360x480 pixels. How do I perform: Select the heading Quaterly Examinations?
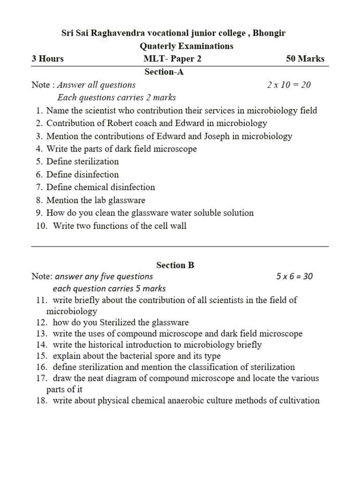(187, 46)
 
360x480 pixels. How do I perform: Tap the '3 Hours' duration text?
(47, 59)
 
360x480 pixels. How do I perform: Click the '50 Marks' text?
(305, 59)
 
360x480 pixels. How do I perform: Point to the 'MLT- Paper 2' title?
(172, 59)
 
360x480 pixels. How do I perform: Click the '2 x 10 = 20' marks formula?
(289, 85)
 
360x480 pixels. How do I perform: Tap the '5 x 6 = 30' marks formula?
(294, 276)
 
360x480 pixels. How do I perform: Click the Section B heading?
(175, 265)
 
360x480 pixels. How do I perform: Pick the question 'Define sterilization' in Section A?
(82, 161)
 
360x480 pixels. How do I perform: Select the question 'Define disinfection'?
(82, 174)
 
